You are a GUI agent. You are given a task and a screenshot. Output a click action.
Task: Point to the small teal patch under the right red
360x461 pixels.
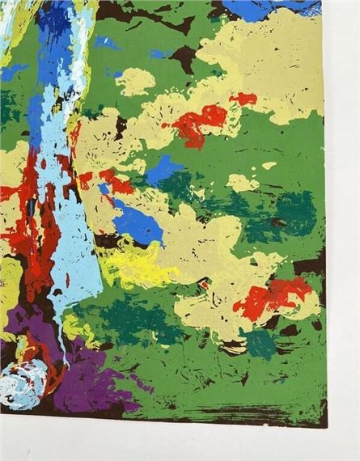tap(260, 344)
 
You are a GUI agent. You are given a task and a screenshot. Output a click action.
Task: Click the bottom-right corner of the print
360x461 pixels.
tap(325, 425)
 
